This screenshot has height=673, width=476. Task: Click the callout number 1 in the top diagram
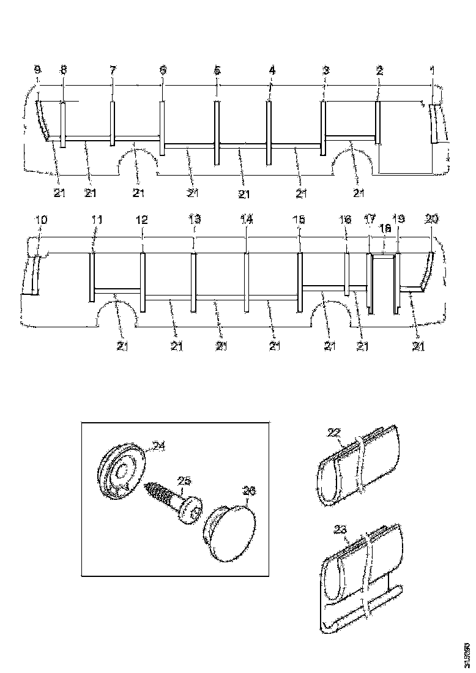tap(432, 71)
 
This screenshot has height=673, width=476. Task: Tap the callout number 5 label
tap(217, 71)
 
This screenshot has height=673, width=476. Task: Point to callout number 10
tap(39, 218)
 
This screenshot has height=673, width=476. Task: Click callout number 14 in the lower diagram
tap(246, 219)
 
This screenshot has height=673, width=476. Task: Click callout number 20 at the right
tap(432, 219)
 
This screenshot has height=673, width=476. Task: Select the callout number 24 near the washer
tap(158, 447)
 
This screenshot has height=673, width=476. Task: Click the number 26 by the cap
tap(250, 490)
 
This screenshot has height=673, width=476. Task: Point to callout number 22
tap(333, 433)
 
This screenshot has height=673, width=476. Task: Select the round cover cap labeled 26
tap(231, 529)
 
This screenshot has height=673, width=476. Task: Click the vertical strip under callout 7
tap(113, 124)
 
